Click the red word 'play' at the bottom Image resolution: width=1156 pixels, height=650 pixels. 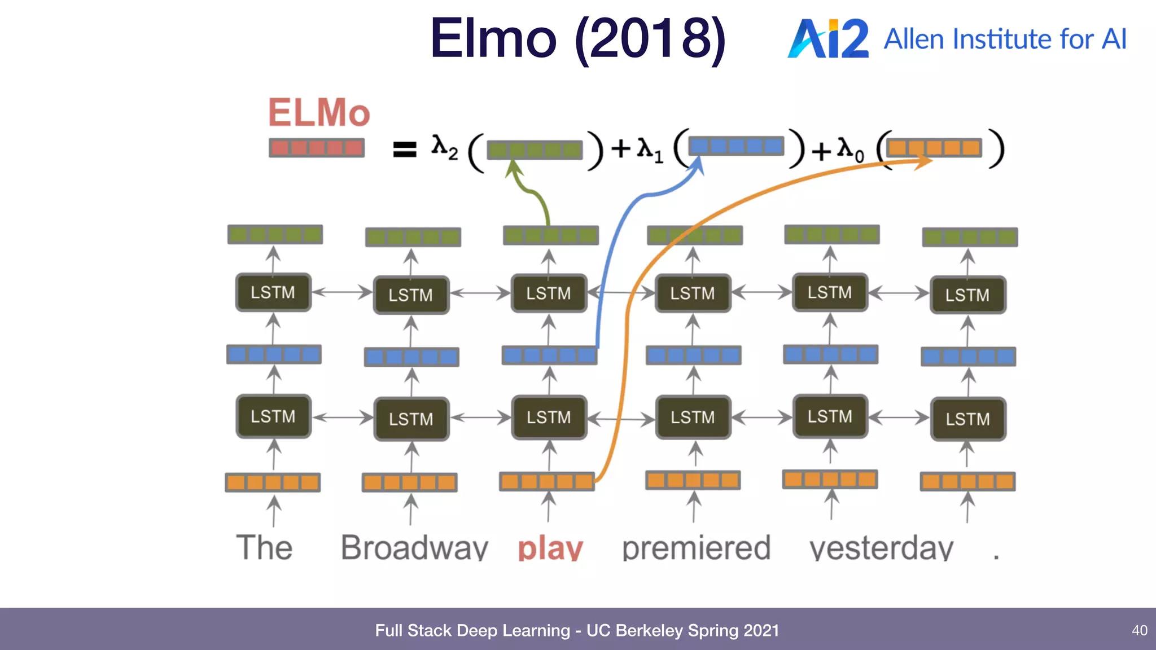[550, 547]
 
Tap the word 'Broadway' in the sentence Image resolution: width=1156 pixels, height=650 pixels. [414, 547]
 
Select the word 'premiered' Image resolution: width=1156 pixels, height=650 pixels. [696, 547]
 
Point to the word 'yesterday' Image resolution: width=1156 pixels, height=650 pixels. [881, 547]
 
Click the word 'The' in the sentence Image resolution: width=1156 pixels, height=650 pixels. [264, 547]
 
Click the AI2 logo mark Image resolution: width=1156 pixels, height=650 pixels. [827, 38]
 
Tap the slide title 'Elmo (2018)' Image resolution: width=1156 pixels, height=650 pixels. [577, 38]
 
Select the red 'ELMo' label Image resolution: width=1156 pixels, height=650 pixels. [319, 112]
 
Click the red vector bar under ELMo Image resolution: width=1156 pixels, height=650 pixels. [317, 148]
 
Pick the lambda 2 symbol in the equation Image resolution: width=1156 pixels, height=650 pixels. [444, 147]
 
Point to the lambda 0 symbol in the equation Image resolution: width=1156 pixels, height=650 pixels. [850, 149]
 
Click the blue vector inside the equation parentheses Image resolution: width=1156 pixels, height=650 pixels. [736, 146]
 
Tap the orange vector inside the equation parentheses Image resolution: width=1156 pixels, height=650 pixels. [934, 148]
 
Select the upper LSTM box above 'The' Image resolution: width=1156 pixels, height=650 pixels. [273, 292]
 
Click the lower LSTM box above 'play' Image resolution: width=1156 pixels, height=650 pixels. [549, 418]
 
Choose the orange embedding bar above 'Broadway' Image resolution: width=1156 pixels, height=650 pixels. [410, 482]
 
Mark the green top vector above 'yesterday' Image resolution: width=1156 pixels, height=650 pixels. [832, 234]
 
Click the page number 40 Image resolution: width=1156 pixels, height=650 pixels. [1139, 630]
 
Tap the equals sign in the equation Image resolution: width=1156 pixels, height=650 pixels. [404, 149]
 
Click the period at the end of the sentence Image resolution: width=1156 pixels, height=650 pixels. [996, 556]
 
